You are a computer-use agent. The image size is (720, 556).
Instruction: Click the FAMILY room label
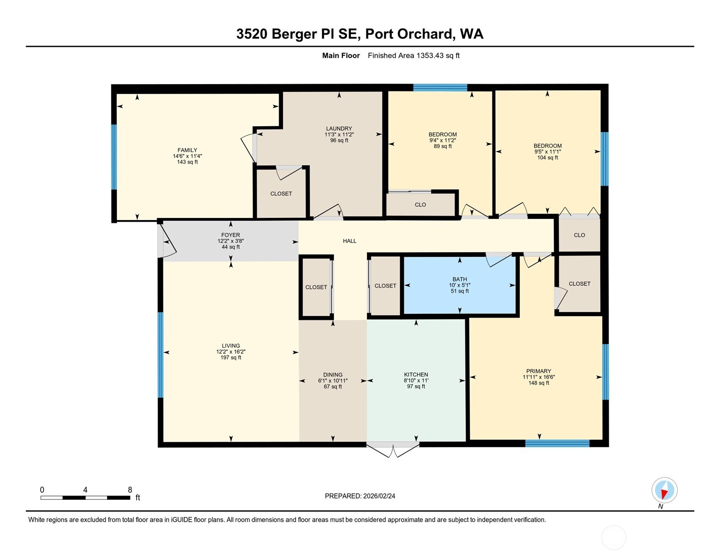point(187,150)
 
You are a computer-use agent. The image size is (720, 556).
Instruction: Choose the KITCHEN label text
point(416,375)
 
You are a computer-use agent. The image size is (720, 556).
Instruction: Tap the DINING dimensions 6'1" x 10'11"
point(333,381)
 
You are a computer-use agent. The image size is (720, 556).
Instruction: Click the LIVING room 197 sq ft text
point(231,358)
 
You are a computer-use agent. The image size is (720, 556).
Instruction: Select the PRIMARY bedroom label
point(538,371)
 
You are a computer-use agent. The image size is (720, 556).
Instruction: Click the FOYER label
point(231,235)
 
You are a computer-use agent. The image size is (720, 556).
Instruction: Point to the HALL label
point(349,241)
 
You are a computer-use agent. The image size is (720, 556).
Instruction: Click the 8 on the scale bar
point(130,490)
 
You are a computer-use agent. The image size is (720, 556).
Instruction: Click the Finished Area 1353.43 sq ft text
point(413,56)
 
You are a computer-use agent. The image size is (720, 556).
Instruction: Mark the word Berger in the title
point(294,34)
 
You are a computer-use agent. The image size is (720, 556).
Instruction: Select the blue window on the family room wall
point(114,157)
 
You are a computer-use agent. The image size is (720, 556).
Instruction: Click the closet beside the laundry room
point(281,194)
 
